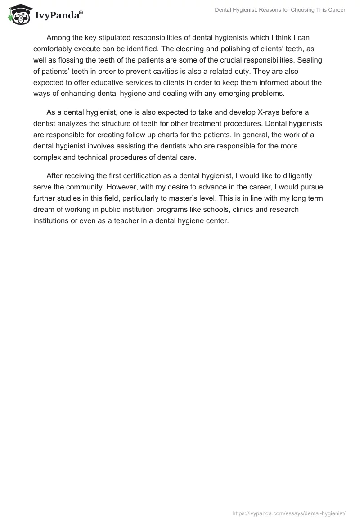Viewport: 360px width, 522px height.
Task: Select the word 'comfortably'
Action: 54,49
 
